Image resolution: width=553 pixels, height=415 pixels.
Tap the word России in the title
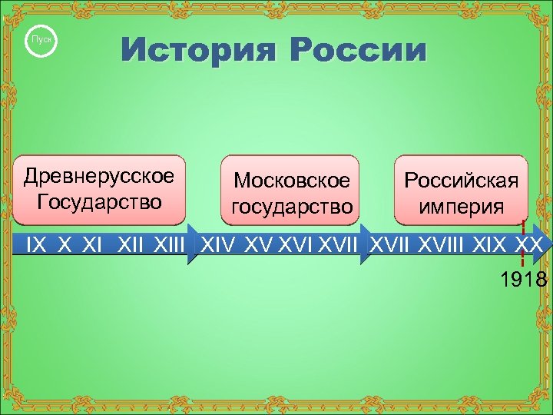pos(357,52)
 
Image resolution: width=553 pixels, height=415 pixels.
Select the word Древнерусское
pos(99,176)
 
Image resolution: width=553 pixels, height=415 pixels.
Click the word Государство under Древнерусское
pos(99,202)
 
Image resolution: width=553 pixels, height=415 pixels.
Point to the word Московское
pos(292,181)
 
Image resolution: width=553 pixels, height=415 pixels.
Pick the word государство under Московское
pos(292,207)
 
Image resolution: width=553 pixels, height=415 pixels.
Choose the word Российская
pos(462,181)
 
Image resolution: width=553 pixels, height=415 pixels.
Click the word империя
pos(462,207)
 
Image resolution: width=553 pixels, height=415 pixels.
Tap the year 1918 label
pos(523,279)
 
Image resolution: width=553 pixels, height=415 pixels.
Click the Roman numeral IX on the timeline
pos(36,246)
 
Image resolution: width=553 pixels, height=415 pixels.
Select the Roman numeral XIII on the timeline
pos(171,246)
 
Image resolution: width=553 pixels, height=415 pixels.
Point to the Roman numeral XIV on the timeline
pos(219,246)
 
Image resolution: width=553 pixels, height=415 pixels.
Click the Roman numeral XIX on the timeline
pos(490,246)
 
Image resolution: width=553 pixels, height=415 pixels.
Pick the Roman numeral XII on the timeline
pos(133,246)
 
